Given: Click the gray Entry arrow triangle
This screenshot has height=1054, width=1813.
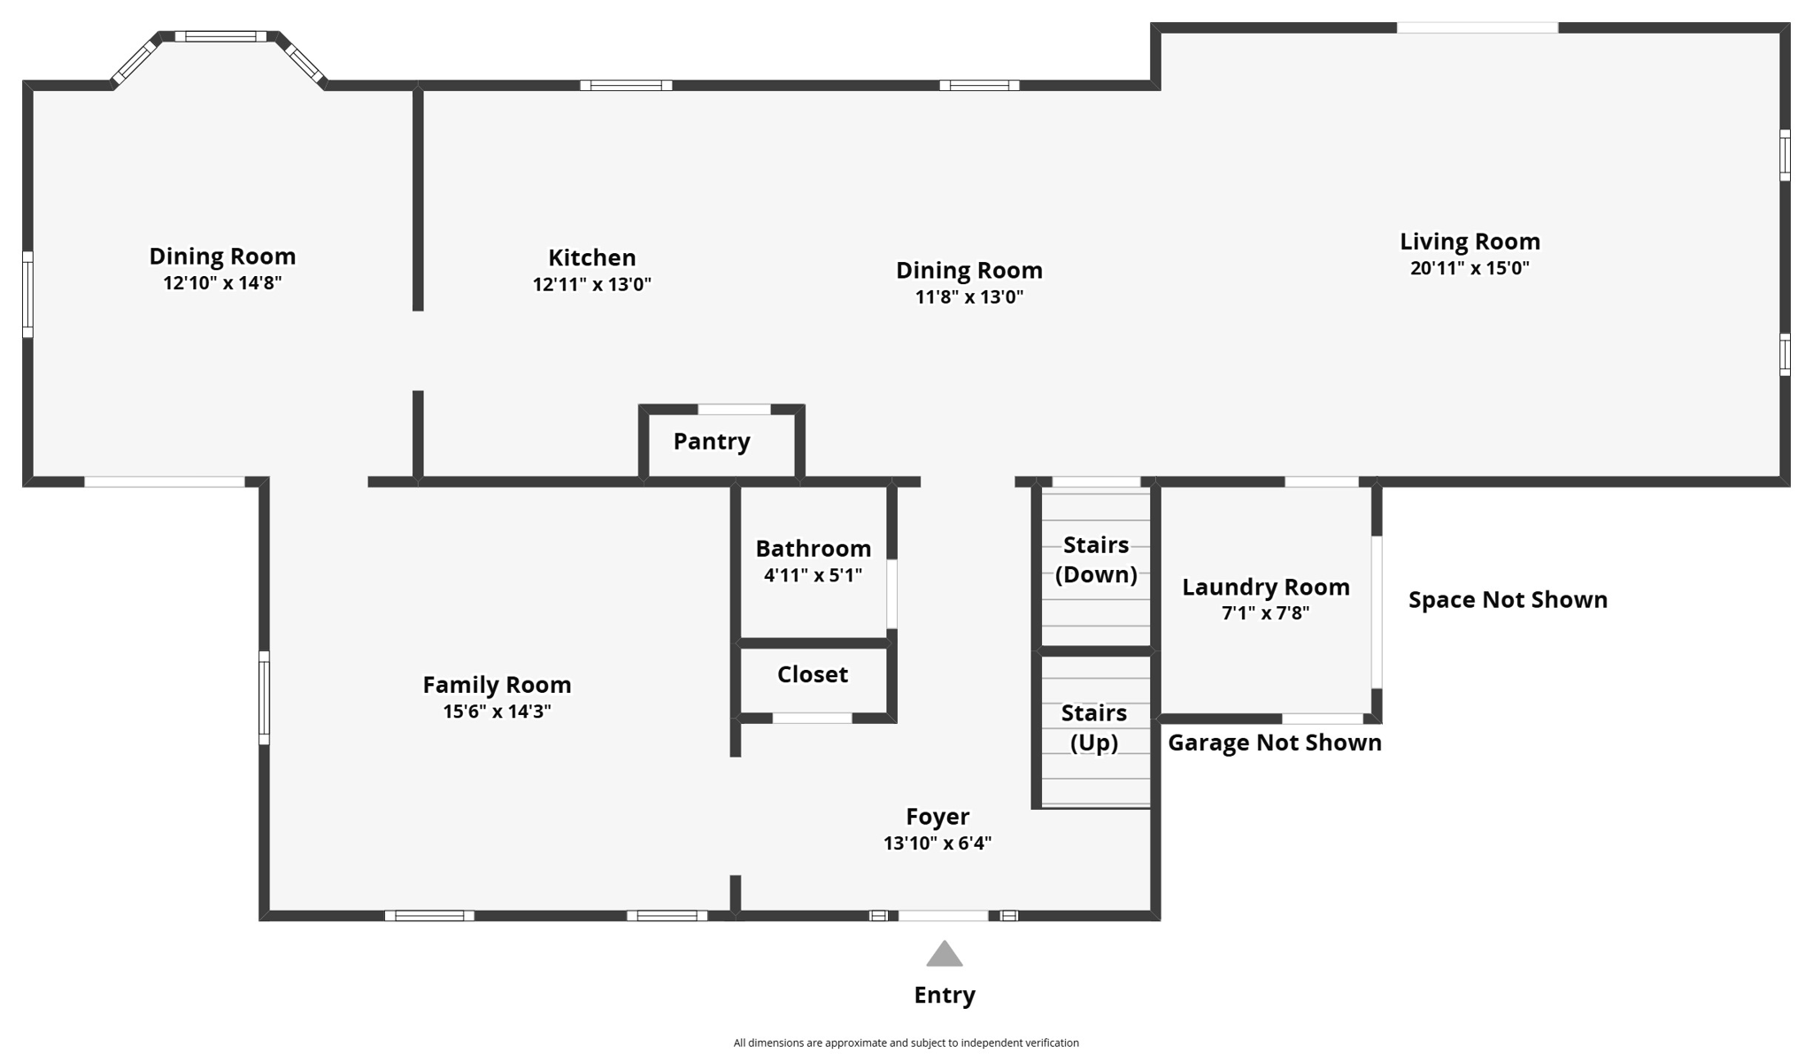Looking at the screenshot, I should pyautogui.click(x=944, y=955).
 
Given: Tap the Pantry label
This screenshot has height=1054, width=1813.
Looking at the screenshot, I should pyautogui.click(x=712, y=441).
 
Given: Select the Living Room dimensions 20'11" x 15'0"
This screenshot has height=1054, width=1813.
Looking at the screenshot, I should pyautogui.click(x=1470, y=268).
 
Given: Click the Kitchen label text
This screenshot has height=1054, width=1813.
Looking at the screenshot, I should pyautogui.click(x=591, y=258).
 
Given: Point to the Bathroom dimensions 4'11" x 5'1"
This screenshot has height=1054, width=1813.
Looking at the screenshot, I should pyautogui.click(x=813, y=575).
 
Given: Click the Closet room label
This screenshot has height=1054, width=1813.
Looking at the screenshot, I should pyautogui.click(x=812, y=674).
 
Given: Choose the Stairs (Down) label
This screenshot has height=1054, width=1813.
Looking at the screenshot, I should pyautogui.click(x=1095, y=559).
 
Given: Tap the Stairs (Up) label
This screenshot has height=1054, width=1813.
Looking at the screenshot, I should pyautogui.click(x=1094, y=727).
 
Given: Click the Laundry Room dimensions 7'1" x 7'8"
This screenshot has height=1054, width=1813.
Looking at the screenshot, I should pyautogui.click(x=1265, y=612).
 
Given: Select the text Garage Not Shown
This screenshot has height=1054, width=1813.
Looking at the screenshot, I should pyautogui.click(x=1274, y=742).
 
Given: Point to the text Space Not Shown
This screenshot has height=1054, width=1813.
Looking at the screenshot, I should pyautogui.click(x=1508, y=600).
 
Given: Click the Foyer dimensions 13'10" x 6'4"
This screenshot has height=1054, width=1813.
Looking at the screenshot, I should pyautogui.click(x=937, y=843).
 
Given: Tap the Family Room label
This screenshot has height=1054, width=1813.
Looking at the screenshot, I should pyautogui.click(x=497, y=685).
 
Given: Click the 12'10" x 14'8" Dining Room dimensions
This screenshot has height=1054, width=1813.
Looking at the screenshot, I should pyautogui.click(x=222, y=283).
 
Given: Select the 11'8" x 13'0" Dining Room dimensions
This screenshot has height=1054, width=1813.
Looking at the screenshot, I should pyautogui.click(x=968, y=297).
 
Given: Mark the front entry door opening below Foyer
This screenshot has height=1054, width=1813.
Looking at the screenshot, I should pyautogui.click(x=943, y=915).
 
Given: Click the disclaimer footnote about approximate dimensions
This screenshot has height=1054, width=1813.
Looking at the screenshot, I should pyautogui.click(x=906, y=1042).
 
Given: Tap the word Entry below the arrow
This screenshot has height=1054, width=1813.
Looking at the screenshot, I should pyautogui.click(x=944, y=995).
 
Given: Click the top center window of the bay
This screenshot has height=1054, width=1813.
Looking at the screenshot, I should pyautogui.click(x=220, y=36).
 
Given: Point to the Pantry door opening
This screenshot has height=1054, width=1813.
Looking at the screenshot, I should pyautogui.click(x=734, y=409).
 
